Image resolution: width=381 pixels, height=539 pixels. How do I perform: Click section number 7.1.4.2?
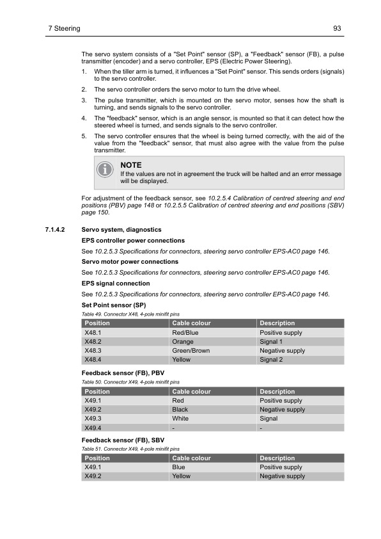[x=59, y=229]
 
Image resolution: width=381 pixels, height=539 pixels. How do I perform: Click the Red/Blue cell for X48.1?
[x=185, y=333]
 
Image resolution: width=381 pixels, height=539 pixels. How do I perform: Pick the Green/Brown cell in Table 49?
[x=190, y=351]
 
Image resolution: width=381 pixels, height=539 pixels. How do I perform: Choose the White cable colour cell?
[x=180, y=419]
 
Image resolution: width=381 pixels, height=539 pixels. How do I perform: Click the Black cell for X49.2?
[x=180, y=410]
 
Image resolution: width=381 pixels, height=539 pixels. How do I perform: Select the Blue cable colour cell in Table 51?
[x=179, y=467]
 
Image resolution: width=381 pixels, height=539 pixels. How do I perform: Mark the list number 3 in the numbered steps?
[x=84, y=101]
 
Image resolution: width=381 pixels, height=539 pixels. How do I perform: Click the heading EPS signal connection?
[x=116, y=283]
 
